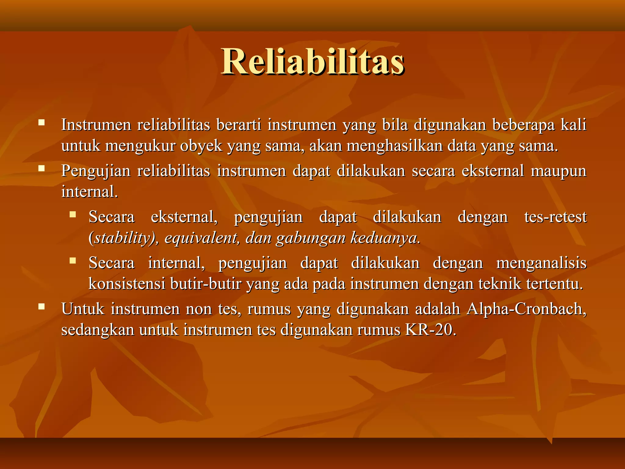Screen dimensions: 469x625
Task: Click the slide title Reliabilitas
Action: [313, 62]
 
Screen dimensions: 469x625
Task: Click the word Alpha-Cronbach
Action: [526, 309]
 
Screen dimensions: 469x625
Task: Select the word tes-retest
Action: [555, 217]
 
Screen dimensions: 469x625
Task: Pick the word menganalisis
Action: [541, 263]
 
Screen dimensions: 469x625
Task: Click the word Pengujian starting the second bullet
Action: [96, 171]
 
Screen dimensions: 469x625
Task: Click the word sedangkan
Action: [98, 330]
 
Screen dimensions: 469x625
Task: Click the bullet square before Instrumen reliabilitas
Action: [42, 123]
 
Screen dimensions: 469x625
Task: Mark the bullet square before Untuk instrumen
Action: [42, 306]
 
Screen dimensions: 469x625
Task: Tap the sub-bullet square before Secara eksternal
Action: [72, 214]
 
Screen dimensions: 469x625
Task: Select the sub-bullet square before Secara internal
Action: [72, 260]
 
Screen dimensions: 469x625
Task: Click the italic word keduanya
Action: [385, 238]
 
